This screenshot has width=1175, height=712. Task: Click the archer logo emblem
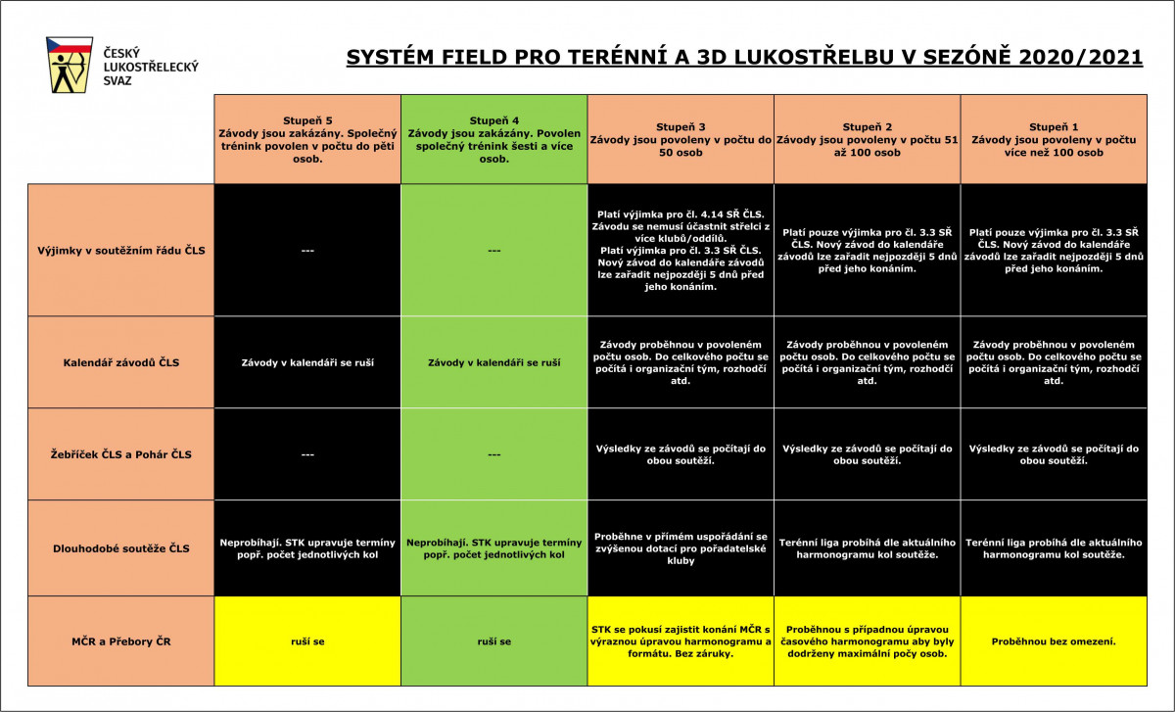[70, 65]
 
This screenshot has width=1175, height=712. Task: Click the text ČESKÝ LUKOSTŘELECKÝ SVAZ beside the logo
[151, 67]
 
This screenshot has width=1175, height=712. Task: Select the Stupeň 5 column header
[307, 140]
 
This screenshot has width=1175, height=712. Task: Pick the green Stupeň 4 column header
[494, 140]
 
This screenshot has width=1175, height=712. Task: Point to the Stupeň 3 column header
[681, 140]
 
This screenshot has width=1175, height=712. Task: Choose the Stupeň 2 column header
[868, 140]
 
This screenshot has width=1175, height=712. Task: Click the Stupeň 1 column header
[1054, 140]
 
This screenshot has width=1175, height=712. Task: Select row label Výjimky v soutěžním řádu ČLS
[121, 251]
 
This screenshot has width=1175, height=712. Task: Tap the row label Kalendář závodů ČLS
[121, 362]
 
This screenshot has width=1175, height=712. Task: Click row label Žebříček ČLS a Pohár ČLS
[121, 454]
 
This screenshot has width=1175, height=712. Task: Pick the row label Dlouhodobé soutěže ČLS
[121, 548]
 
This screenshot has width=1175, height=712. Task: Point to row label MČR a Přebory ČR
[121, 641]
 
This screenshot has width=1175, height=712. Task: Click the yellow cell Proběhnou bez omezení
[1054, 641]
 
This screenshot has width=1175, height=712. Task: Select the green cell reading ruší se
[494, 641]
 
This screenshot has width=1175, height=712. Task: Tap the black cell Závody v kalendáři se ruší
[307, 362]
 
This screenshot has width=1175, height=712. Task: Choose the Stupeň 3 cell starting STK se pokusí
[681, 641]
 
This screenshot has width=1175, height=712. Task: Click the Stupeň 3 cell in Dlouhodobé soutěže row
[681, 548]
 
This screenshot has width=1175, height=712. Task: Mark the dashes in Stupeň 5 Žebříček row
[307, 454]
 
